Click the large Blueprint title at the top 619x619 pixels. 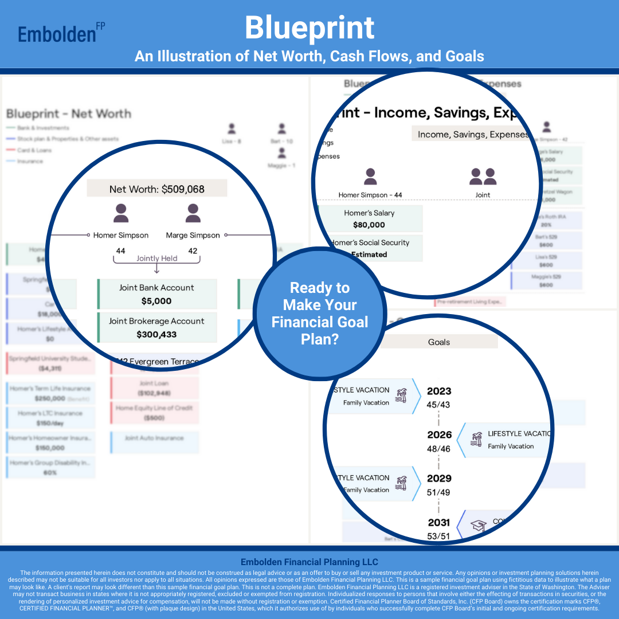pos(309,28)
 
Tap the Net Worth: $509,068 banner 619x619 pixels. pos(156,189)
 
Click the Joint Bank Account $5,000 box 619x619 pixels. pos(157,294)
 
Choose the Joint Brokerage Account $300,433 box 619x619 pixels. pos(157,327)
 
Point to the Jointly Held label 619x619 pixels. pos(156,258)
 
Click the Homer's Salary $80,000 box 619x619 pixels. pos(370,219)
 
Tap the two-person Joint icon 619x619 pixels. pos(483,177)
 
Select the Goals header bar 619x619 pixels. pos(439,342)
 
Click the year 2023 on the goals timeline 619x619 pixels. pos(439,391)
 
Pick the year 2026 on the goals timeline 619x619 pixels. pos(439,435)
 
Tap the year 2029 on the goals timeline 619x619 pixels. pos(439,479)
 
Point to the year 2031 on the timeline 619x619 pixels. pos(439,522)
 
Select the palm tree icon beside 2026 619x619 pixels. pos(476,440)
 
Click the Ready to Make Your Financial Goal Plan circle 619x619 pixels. pos(319,314)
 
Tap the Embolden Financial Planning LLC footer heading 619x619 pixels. pos(309,562)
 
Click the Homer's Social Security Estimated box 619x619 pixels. pos(370,248)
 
